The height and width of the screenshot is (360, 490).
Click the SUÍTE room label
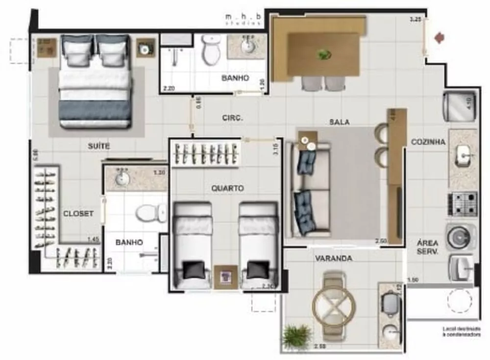(99, 146)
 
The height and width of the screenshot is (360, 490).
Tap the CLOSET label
(78, 214)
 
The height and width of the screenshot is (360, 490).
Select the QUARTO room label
(227, 188)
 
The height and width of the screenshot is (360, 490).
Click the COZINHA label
(428, 142)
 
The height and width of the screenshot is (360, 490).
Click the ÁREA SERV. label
(427, 247)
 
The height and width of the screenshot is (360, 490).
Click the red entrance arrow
(440, 37)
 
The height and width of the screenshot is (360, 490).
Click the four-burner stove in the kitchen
(462, 204)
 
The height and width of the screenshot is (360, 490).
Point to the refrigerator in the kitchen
(459, 106)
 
